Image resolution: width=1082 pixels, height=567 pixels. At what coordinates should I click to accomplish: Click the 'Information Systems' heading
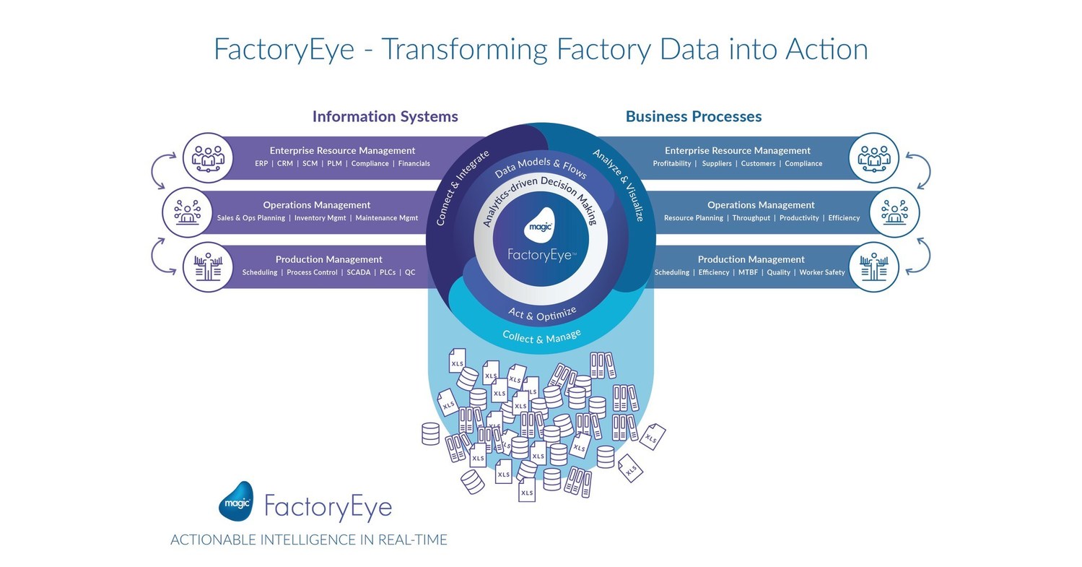(x=385, y=116)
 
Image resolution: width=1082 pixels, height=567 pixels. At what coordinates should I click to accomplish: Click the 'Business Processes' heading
(x=693, y=116)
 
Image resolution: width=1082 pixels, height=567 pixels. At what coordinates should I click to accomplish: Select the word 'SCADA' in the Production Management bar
(x=358, y=273)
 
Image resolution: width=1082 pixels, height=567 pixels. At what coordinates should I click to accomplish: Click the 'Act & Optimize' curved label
(x=542, y=313)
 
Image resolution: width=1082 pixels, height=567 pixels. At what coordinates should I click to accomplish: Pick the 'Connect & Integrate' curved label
(x=463, y=188)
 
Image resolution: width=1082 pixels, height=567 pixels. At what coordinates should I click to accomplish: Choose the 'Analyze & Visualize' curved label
(x=619, y=184)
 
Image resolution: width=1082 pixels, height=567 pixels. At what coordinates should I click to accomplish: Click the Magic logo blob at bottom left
(x=236, y=501)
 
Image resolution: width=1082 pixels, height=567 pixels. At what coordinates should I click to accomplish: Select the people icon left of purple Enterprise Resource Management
(x=208, y=157)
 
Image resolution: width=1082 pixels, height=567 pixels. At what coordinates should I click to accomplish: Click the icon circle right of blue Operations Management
(x=894, y=212)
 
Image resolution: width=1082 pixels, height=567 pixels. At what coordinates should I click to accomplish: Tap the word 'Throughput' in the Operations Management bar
(x=751, y=218)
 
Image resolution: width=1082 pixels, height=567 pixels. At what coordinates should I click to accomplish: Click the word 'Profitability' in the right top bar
(x=672, y=164)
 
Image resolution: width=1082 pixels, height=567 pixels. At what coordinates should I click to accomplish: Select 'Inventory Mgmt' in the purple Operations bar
(x=320, y=218)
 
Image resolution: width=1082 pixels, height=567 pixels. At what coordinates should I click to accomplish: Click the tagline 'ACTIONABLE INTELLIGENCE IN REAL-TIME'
(x=309, y=540)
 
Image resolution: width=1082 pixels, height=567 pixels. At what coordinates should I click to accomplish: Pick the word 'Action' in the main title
(x=820, y=49)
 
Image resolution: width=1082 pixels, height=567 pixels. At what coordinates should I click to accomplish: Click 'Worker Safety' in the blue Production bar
(x=822, y=273)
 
